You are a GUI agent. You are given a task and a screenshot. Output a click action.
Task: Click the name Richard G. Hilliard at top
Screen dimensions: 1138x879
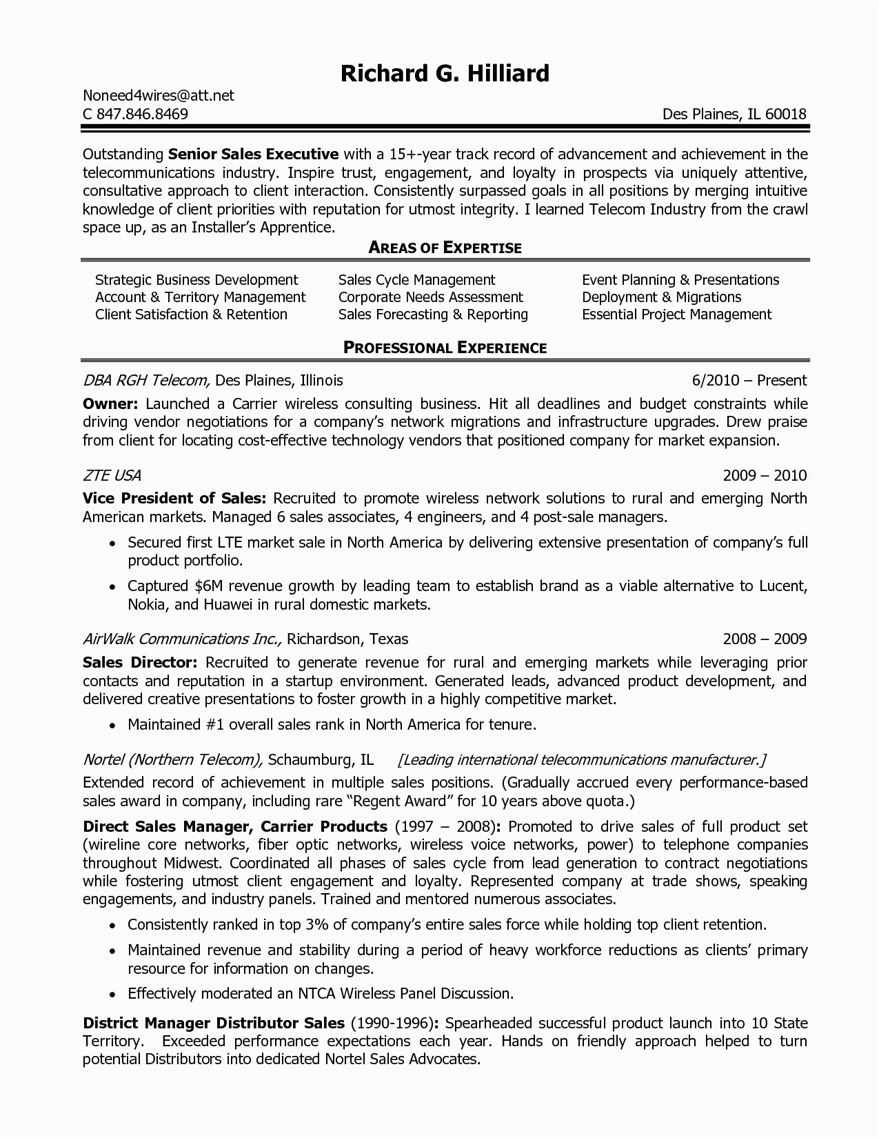445,73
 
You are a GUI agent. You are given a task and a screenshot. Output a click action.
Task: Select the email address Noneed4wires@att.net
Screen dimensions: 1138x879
159,96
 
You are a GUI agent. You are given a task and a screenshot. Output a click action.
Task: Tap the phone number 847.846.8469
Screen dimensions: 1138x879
141,114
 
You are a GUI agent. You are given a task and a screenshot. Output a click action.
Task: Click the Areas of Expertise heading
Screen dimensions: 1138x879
445,248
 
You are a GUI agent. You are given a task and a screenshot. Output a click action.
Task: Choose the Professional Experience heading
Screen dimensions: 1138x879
445,348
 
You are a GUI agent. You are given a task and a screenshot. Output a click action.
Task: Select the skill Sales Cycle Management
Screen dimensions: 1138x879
416,280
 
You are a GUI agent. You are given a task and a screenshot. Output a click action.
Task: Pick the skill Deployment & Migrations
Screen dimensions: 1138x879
661,297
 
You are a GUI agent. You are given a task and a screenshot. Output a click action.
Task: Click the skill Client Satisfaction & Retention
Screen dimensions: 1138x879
191,315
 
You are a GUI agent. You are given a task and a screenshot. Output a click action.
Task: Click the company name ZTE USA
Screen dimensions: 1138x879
112,475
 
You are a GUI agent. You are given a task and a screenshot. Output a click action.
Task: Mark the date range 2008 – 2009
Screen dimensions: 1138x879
765,639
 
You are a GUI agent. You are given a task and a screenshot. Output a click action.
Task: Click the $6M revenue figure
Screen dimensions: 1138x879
208,586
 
